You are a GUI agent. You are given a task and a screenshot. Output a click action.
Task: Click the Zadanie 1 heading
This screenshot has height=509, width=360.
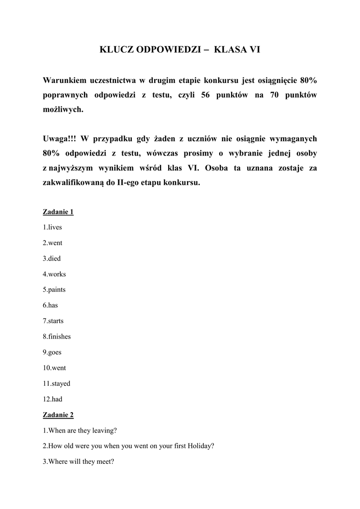coord(58,212)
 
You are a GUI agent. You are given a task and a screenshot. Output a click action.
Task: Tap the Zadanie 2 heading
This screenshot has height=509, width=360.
coord(58,415)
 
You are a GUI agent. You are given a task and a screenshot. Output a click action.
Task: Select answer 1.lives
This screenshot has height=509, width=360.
coord(52,227)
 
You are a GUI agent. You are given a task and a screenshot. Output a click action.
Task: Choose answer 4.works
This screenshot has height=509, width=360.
coord(54,274)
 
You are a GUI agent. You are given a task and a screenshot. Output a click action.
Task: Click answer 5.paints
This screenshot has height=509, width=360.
coord(54,289)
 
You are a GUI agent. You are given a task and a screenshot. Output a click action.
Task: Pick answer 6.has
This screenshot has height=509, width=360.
coord(50,305)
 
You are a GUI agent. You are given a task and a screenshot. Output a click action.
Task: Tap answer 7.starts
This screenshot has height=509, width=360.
coord(53,321)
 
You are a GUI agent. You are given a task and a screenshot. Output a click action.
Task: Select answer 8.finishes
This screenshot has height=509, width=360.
coord(57,337)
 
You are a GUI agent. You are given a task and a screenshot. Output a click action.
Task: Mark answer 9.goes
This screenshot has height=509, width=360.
coord(52,352)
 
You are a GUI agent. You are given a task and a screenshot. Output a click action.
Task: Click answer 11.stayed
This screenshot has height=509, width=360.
coord(56,383)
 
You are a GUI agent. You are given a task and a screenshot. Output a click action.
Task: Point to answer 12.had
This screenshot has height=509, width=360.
coord(53,399)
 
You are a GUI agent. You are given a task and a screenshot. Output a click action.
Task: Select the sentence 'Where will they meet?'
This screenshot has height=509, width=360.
coord(79,461)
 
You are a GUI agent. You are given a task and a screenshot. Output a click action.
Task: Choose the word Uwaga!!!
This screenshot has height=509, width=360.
coord(59,139)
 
